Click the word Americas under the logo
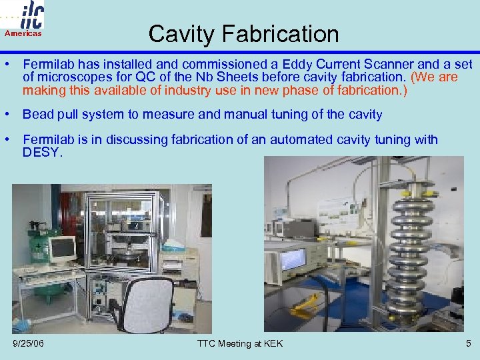click(23, 33)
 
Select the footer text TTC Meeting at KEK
click(240, 343)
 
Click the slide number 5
click(468, 343)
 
